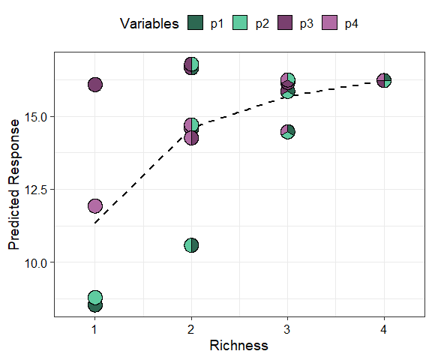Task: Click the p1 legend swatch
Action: tap(196, 24)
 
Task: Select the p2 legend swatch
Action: tap(241, 24)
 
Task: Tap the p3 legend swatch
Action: tap(285, 24)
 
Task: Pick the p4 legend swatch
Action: tap(330, 24)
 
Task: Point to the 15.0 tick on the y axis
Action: tap(36, 117)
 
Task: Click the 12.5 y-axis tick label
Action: tap(36, 190)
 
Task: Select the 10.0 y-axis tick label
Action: tap(36, 262)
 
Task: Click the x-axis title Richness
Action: tap(239, 346)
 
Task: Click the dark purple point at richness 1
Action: tap(95, 85)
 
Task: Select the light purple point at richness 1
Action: tap(95, 205)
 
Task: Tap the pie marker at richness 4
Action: tap(384, 80)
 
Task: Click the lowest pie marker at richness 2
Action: tap(191, 245)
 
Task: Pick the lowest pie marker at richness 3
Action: tap(288, 132)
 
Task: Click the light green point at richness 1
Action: tap(95, 298)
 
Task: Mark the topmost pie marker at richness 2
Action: tap(191, 64)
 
